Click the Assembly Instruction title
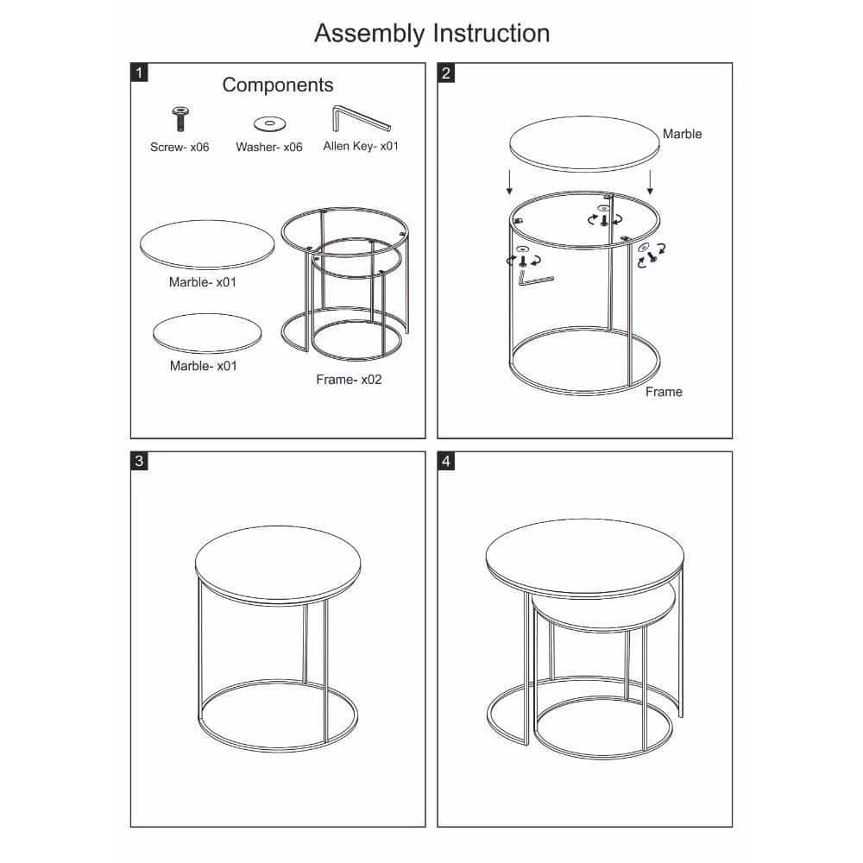(432, 35)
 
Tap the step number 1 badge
(139, 72)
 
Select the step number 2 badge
(446, 72)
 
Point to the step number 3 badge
(139, 461)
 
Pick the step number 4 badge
(446, 461)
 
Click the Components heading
(278, 85)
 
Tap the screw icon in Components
(180, 118)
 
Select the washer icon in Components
(269, 123)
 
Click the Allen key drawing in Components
(361, 119)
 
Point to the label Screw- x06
(180, 147)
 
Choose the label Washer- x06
(269, 147)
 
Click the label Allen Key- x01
(361, 146)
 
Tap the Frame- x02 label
(349, 379)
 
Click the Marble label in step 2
(682, 134)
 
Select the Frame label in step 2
(664, 391)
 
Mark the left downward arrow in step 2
(510, 182)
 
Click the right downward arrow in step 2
(650, 182)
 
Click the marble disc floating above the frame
(584, 143)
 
